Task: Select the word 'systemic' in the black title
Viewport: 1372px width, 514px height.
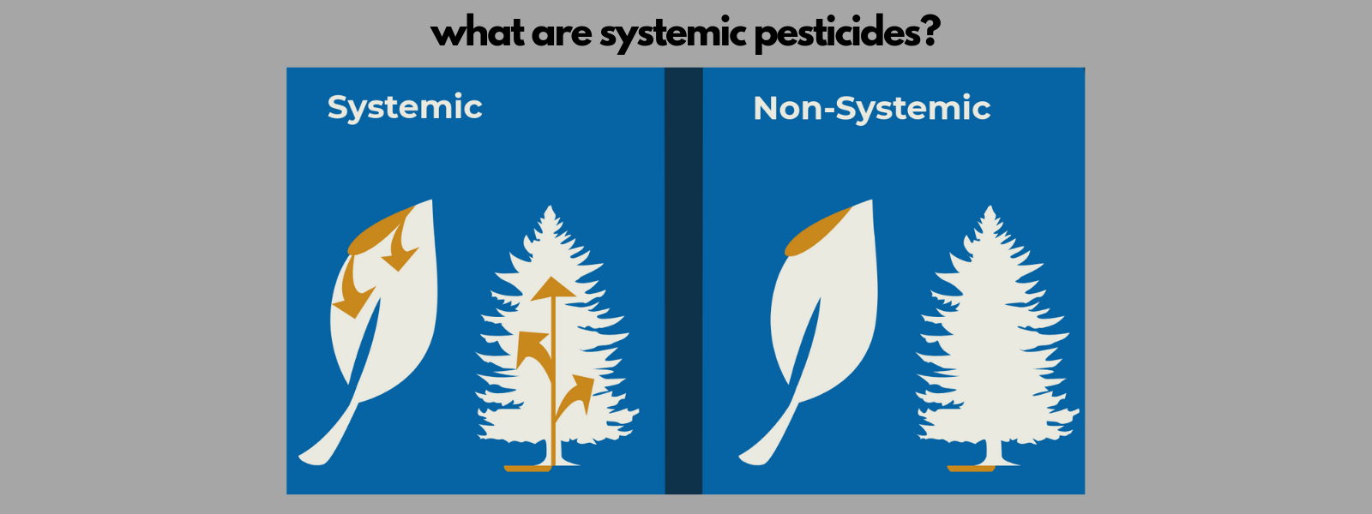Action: tap(671, 35)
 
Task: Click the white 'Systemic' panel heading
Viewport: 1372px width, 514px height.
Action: tap(405, 108)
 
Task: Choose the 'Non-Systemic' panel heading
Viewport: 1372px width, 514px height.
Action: tap(871, 109)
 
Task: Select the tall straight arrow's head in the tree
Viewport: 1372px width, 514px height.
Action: tap(553, 289)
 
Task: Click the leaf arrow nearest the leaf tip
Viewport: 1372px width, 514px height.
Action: tap(400, 252)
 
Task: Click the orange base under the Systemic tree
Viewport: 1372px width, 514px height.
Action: tap(527, 468)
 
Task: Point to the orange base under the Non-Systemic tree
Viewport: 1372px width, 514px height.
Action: tap(971, 468)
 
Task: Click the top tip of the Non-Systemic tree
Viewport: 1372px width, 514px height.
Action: tap(991, 208)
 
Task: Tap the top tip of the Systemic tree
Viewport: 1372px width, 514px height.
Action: tap(551, 208)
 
